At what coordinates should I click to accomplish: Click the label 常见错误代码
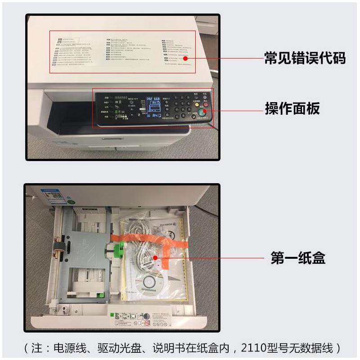[305, 58]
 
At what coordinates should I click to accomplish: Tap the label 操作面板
[292, 108]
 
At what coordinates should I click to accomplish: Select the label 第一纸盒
[298, 258]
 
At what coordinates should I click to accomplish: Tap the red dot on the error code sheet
[185, 58]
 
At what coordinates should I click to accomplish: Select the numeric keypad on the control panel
[180, 108]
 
